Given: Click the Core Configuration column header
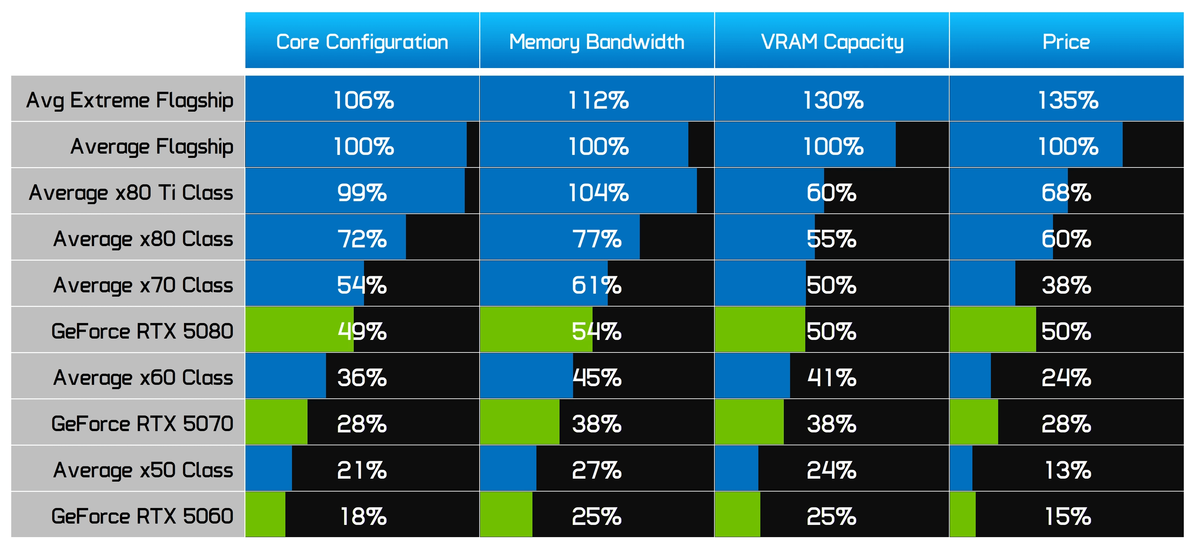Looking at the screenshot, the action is pos(362,42).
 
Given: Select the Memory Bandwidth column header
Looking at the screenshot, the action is pos(597,42).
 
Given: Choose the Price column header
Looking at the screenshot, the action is pos(1066,42).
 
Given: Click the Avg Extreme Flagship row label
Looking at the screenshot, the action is pos(130,100).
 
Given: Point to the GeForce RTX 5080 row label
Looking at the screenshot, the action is pos(142,331).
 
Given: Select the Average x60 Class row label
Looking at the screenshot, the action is pos(143,378).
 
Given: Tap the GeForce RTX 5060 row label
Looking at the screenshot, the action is pos(142,516).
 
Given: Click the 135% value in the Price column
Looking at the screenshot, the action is pos(1068,100).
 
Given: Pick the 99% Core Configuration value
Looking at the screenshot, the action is pos(362,193).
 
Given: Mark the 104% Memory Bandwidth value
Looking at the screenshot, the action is pos(598,193).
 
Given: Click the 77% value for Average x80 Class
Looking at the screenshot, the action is pos(597,239).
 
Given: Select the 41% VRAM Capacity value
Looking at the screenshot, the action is pos(832,378).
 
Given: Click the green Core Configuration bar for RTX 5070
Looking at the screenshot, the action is pos(276,422).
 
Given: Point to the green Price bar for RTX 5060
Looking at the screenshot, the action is pos(963,514).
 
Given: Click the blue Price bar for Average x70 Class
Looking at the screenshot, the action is pos(983,283).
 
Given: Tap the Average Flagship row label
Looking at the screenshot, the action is pos(152,147).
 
